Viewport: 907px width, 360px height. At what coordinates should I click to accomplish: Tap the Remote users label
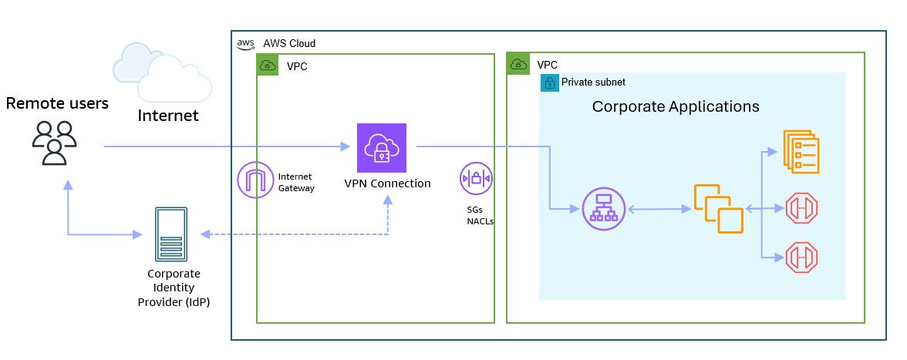pos(57,103)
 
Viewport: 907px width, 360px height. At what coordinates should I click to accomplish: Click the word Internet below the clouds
pos(167,116)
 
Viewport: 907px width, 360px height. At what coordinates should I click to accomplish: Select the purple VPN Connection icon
pos(381,148)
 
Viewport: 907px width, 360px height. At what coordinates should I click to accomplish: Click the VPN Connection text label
pos(387,183)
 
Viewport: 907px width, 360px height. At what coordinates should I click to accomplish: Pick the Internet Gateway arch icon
pos(256,181)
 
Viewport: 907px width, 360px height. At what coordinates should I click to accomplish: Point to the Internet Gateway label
pos(295,182)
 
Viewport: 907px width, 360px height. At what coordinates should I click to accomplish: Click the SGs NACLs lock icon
pos(476,179)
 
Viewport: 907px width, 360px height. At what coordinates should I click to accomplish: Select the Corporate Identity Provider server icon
pos(171,234)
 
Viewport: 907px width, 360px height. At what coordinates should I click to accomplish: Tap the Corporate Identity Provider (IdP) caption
pos(174,288)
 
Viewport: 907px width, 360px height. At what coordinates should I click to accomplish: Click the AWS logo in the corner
pos(245,43)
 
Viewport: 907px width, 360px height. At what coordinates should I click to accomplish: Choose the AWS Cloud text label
pos(289,43)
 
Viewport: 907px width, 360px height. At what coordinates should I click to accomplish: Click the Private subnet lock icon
pos(549,82)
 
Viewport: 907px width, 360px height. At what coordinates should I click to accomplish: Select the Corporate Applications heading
pos(676,106)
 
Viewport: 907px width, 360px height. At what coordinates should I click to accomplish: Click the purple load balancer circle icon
pos(603,209)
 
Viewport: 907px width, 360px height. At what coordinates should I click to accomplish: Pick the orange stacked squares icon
pos(718,209)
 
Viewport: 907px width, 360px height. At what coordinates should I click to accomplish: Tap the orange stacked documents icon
pos(801,152)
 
